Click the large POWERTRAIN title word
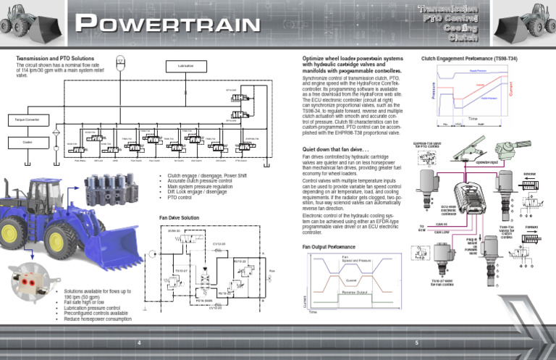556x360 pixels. click(169, 23)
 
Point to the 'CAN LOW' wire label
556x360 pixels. click(442, 233)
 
